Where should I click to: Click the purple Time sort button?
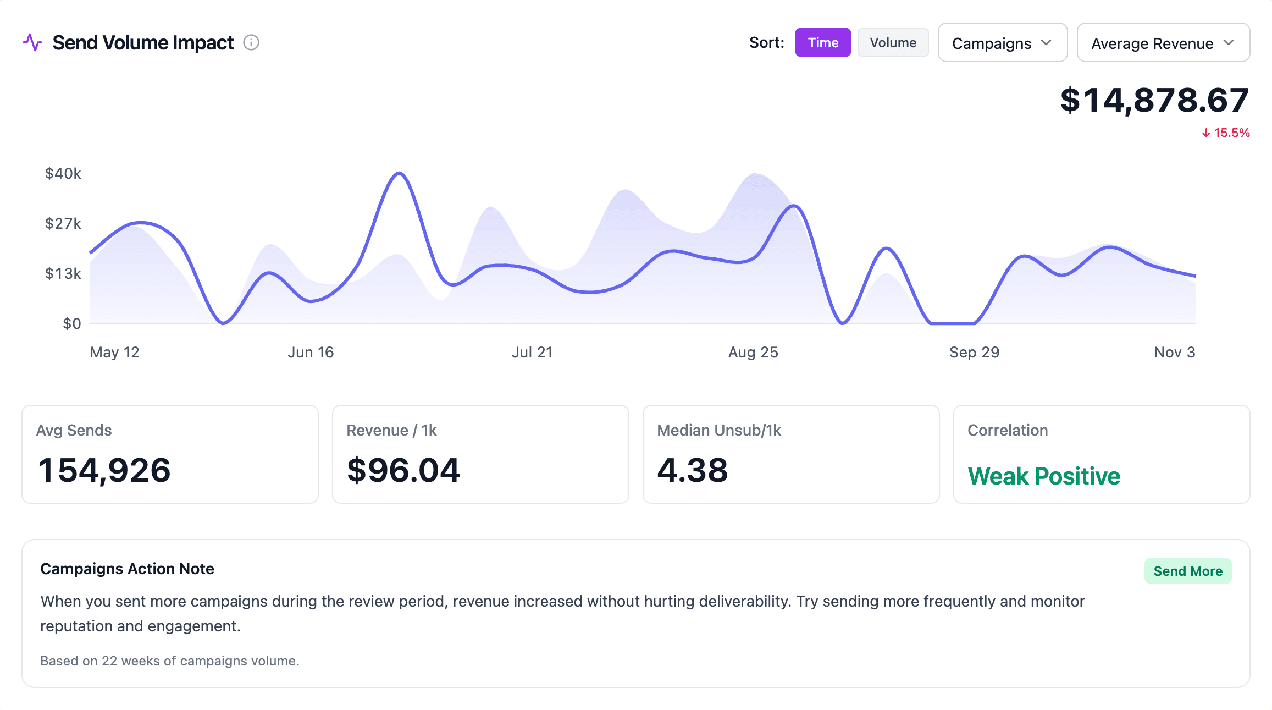822,43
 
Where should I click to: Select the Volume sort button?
893,43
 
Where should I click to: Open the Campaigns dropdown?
1002,43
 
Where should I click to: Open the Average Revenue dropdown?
1163,43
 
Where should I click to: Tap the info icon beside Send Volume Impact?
251,42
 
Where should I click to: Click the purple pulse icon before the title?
32,42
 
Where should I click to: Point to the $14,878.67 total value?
1154,101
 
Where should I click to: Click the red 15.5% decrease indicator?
1226,133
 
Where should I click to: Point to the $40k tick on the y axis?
63,174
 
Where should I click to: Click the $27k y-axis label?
63,223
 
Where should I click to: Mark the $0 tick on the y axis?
71,323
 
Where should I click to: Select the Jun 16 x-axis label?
311,353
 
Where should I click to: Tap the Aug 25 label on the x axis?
753,353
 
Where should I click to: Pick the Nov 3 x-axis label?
1174,353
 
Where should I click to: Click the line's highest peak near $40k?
400,174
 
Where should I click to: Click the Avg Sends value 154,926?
104,471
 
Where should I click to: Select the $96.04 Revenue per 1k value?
403,471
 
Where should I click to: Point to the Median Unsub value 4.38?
693,471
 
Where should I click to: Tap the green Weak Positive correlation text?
1044,476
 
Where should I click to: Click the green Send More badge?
1187,571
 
